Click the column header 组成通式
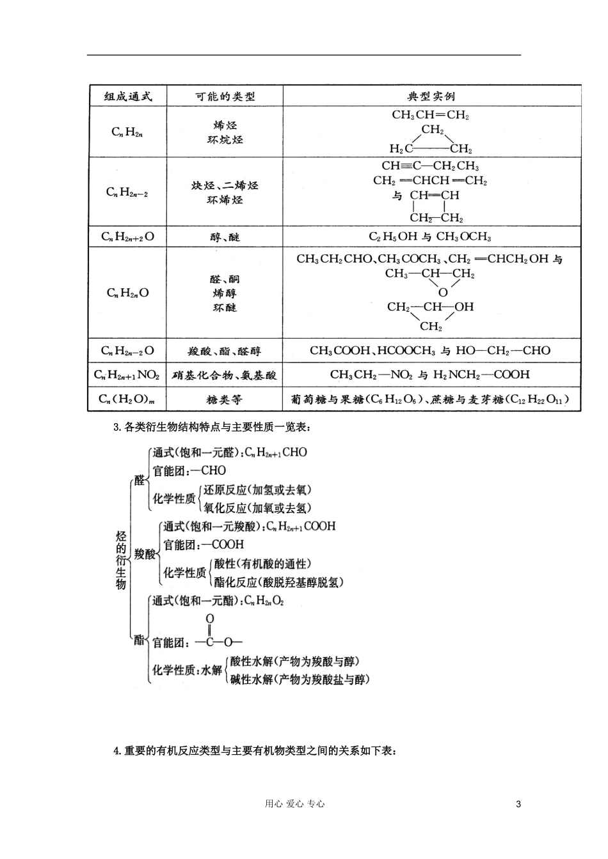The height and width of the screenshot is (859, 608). click(x=129, y=97)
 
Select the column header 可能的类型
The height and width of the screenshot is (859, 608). click(x=225, y=97)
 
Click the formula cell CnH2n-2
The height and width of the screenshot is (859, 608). click(x=127, y=192)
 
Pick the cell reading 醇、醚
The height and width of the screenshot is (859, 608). click(x=225, y=237)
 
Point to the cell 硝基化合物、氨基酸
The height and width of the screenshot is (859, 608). click(x=225, y=375)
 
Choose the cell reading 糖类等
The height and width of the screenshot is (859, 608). click(x=225, y=400)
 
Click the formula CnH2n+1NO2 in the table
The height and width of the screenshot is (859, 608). click(x=127, y=375)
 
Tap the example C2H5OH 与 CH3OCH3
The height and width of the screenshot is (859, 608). click(x=430, y=237)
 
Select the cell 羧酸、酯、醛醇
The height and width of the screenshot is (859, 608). click(x=225, y=351)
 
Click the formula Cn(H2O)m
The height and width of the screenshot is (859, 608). click(x=127, y=400)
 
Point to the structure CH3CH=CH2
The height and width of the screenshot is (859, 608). click(x=430, y=116)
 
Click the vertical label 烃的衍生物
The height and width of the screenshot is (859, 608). click(x=121, y=560)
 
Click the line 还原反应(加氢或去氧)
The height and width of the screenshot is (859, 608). click(x=257, y=490)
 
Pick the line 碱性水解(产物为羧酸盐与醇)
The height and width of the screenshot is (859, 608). click(x=300, y=679)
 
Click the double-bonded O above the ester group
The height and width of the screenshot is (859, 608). click(x=210, y=619)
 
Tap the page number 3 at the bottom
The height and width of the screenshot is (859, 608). click(x=518, y=804)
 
